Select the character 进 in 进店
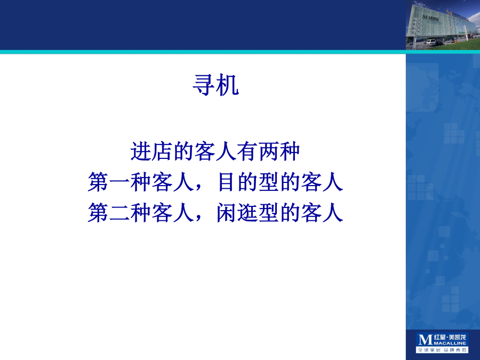140,151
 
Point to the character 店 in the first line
162,151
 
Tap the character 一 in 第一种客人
119,182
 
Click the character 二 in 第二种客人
119,213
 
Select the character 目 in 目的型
226,182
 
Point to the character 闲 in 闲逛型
226,213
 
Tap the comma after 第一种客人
198,188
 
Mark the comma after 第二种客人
198,218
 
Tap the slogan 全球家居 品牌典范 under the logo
442,349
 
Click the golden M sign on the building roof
449,13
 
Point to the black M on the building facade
425,17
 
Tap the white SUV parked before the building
431,42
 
